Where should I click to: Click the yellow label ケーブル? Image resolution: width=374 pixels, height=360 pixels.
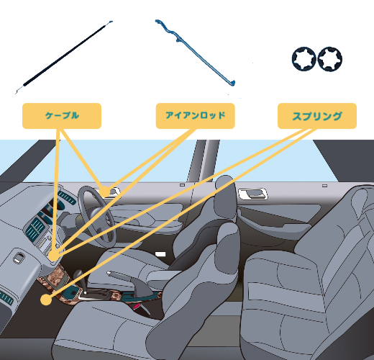coord(62,116)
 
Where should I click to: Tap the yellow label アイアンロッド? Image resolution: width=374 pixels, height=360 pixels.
coord(195,116)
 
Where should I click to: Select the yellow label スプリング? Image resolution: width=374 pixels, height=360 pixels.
coord(317,116)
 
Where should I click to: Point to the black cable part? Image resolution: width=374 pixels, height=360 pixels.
coord(64,57)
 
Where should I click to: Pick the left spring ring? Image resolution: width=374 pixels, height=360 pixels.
coord(304,59)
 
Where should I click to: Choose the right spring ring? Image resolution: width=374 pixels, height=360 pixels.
coord(330,59)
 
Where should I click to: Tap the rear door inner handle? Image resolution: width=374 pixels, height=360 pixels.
coord(252,194)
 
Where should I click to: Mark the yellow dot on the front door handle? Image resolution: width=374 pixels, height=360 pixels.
coord(105,192)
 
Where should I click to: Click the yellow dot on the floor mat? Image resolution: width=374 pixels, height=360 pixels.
coord(46,300)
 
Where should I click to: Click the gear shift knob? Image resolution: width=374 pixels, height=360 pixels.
coord(78,275)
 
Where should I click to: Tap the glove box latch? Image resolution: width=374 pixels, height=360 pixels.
coord(18,258)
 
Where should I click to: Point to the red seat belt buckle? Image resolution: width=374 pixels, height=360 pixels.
coord(137,306)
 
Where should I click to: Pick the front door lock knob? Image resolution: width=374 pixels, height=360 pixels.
coord(183,185)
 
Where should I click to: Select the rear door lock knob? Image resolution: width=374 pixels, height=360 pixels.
coord(324,186)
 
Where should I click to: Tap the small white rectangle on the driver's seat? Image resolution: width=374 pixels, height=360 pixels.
coord(160,254)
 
